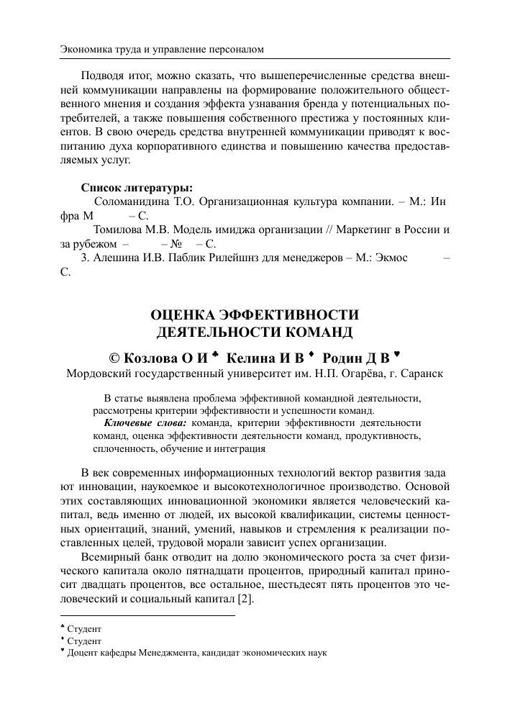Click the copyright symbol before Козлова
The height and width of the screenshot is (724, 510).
click(x=114, y=357)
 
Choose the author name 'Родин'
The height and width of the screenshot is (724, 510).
click(x=347, y=357)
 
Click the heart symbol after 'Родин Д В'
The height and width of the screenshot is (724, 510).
click(x=397, y=354)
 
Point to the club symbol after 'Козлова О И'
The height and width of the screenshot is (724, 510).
click(x=217, y=354)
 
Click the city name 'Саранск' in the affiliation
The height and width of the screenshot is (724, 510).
click(x=421, y=374)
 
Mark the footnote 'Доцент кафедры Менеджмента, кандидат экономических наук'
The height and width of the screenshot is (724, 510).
click(x=197, y=653)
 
